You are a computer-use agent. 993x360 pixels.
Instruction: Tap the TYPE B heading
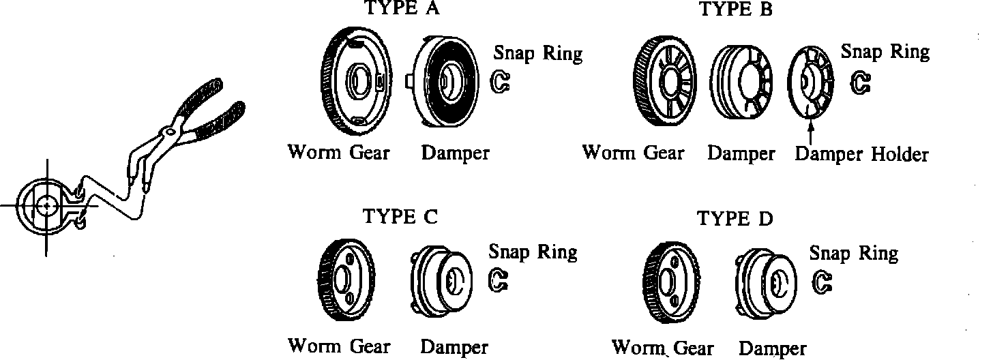coord(734,10)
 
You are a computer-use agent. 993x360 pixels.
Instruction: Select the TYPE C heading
coord(400,216)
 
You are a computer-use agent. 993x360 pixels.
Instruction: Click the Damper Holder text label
coord(862,154)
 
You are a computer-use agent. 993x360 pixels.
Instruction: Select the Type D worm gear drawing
coord(672,282)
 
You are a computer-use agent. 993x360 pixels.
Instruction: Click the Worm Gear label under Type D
coord(663,348)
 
